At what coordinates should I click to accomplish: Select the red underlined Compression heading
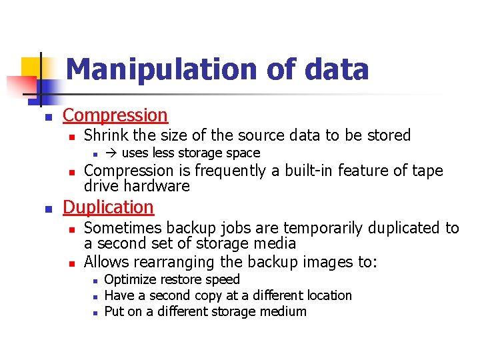(x=115, y=115)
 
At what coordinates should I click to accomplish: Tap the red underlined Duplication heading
(x=108, y=207)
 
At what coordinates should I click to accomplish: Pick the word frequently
(x=230, y=171)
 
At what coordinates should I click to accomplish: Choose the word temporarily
(x=322, y=229)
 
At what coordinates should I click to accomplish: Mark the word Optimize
(x=131, y=280)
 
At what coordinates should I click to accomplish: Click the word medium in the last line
(x=283, y=311)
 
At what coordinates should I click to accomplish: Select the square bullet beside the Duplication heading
(x=47, y=209)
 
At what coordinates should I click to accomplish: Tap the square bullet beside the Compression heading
(x=47, y=117)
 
